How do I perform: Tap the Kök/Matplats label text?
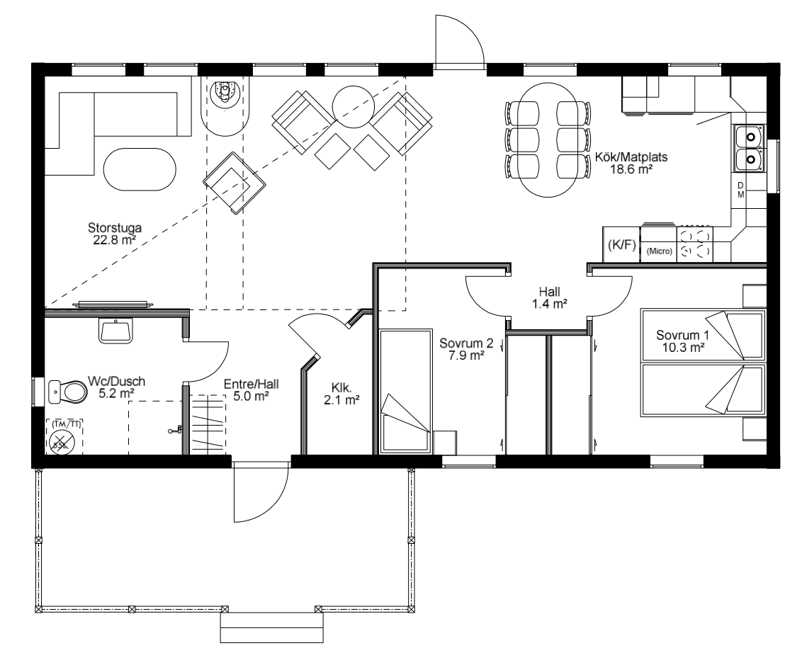[x=631, y=157]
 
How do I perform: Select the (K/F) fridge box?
[x=621, y=245]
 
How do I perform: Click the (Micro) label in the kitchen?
[x=659, y=251]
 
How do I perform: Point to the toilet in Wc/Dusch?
[x=67, y=392]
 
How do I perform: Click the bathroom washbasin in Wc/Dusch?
[x=115, y=330]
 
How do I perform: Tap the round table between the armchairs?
[x=352, y=106]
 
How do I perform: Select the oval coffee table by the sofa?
[x=140, y=170]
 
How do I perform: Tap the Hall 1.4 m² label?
[x=549, y=298]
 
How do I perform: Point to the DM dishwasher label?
[x=740, y=190]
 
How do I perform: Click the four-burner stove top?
[x=694, y=244]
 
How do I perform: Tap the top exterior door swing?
[x=459, y=41]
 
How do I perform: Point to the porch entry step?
[x=271, y=627]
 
